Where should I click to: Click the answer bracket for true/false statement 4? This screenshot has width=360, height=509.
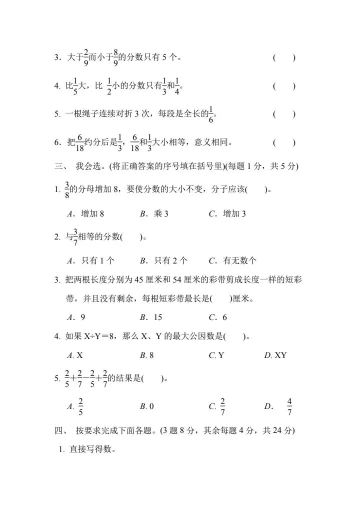point(284,86)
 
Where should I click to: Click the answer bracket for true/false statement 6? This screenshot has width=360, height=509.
point(284,143)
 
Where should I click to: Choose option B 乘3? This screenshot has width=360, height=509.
point(154,213)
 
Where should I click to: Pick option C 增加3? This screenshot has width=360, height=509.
point(227,213)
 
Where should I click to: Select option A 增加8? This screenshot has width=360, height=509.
point(85,213)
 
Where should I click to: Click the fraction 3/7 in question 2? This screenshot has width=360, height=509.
point(75,236)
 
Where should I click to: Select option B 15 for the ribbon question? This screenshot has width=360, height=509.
point(151,317)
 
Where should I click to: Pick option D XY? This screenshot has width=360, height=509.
point(275,355)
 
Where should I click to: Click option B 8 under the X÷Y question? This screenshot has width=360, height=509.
point(147,355)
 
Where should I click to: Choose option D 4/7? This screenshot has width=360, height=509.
point(283,407)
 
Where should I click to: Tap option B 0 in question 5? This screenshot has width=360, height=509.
point(147,407)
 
